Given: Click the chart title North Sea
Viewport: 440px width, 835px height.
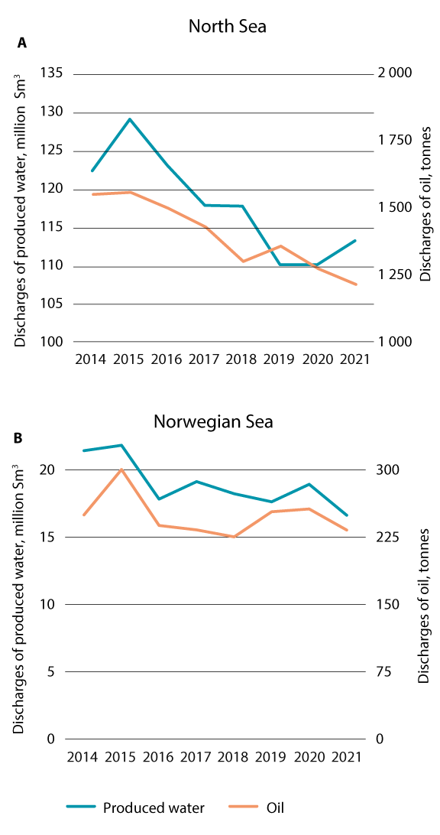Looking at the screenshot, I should click(227, 27).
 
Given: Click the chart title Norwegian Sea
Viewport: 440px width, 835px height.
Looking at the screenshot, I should click(213, 421).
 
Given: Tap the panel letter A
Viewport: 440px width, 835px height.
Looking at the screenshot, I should click(22, 44).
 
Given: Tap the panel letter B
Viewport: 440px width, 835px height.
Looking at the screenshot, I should click(18, 438).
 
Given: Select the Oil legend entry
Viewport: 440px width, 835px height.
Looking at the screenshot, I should click(275, 807).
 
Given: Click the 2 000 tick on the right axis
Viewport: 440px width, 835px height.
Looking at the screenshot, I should click(396, 73).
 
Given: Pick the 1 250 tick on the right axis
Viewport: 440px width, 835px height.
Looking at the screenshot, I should click(396, 275).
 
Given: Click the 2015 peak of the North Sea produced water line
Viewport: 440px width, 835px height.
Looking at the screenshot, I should click(130, 119).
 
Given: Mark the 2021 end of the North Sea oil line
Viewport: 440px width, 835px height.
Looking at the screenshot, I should click(356, 284).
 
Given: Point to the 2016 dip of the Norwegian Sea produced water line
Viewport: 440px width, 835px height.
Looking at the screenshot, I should click(158, 499).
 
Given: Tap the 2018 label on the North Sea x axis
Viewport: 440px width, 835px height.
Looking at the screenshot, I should click(240, 359).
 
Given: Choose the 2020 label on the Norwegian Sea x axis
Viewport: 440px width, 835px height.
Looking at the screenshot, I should click(309, 756).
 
